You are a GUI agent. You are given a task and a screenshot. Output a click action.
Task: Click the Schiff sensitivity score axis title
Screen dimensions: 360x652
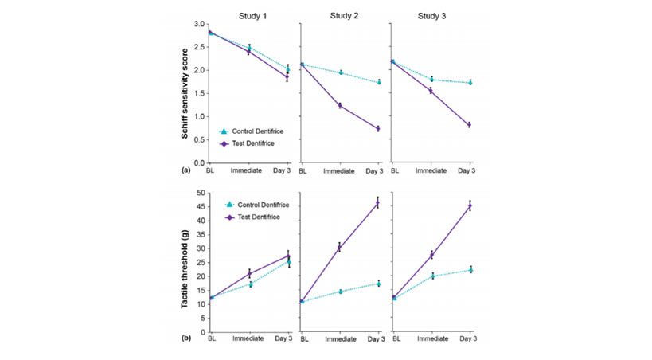click(x=185, y=92)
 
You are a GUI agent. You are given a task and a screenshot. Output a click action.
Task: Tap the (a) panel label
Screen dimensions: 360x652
click(x=186, y=170)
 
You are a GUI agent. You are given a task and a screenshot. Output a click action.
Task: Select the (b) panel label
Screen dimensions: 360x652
click(x=186, y=338)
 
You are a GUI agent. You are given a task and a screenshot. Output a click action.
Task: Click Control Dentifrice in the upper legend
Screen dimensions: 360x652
click(x=254, y=131)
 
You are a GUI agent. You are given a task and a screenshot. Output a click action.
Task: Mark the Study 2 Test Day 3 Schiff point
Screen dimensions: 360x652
click(x=378, y=129)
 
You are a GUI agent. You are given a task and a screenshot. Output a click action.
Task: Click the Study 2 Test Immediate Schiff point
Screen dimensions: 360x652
click(x=339, y=105)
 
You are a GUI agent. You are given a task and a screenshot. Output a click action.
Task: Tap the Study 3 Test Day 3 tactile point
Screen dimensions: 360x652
click(x=470, y=205)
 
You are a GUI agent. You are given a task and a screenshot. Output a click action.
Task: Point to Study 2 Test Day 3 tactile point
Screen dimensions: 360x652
click(x=378, y=202)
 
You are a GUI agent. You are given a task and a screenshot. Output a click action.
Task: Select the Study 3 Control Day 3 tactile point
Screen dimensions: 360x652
click(x=470, y=269)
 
